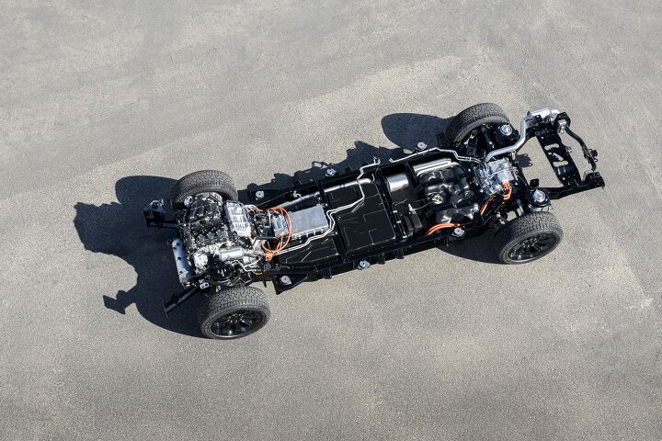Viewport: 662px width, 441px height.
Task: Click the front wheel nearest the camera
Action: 234,312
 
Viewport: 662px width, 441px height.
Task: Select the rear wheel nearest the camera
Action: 530,237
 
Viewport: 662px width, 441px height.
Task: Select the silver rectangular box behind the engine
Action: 307,220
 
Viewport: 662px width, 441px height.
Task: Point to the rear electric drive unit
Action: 496,176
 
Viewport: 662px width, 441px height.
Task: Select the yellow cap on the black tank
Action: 437,198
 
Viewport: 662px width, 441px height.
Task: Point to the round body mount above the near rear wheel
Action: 538,196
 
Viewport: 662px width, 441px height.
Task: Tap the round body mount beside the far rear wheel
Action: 506,130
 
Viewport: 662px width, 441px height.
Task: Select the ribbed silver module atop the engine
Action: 238,220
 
